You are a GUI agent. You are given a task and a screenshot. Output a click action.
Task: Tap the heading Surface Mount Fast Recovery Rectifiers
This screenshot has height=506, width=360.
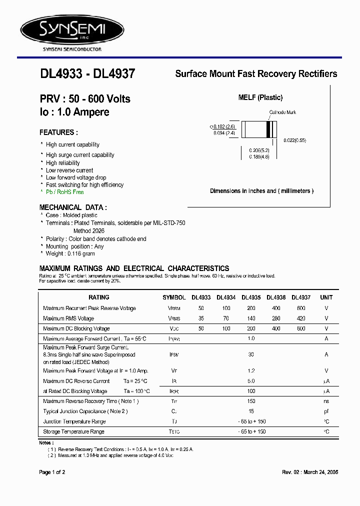[x=256, y=74]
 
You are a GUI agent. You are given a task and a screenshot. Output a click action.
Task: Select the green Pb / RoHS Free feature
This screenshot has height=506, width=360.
[x=65, y=192]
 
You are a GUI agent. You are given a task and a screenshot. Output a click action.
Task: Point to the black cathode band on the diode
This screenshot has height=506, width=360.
[x=268, y=129]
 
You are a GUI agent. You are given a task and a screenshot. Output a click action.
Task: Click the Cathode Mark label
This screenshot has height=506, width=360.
[x=282, y=112]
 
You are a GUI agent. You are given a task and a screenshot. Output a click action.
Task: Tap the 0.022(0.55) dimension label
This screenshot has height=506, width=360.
[x=294, y=140]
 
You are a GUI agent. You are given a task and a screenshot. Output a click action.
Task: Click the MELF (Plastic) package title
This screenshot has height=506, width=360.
[x=260, y=97]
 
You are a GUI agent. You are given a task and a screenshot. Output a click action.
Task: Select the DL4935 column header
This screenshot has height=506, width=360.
[x=251, y=297]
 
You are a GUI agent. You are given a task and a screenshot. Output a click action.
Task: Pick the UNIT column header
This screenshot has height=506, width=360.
[x=326, y=297]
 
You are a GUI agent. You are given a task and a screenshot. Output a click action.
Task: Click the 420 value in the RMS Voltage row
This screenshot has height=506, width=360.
[x=301, y=318]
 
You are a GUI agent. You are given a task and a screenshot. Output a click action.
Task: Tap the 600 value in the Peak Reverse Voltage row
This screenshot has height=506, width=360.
[x=301, y=308]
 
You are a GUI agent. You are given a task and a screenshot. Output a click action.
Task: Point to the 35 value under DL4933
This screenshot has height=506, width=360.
[x=201, y=318]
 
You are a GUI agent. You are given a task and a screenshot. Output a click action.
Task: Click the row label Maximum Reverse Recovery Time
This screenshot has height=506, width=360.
[x=90, y=401]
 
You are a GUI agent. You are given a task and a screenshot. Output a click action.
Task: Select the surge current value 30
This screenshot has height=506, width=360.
[x=251, y=354]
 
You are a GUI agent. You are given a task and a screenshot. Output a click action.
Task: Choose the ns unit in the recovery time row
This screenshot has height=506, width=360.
[x=326, y=401]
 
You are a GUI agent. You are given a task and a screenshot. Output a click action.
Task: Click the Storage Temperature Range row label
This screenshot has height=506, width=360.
[x=73, y=431]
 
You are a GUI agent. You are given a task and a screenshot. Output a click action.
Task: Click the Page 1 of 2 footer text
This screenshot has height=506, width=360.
[x=52, y=472]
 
